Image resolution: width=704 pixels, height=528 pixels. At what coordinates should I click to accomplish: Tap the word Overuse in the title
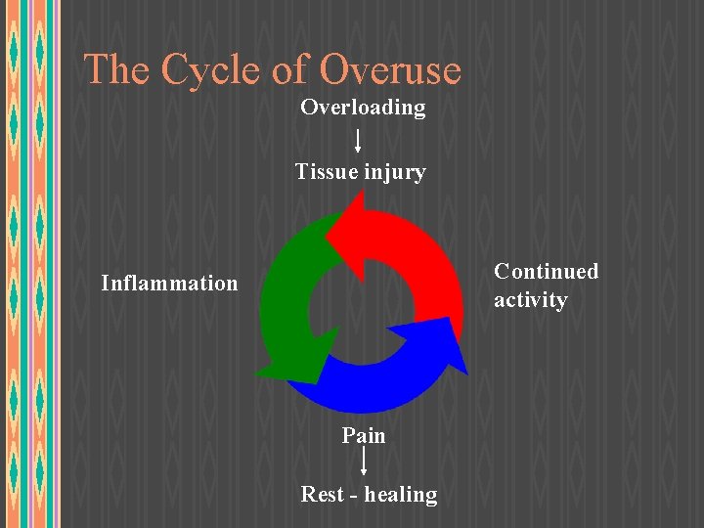389,70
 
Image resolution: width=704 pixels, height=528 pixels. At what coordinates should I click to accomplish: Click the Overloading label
363,108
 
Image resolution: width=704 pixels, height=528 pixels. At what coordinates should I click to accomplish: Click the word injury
394,174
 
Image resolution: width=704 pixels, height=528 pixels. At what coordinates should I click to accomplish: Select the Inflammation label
169,284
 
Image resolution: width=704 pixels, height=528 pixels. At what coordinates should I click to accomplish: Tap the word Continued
546,271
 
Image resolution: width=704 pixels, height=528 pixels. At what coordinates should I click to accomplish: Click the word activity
530,300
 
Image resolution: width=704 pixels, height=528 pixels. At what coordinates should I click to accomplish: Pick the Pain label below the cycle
364,435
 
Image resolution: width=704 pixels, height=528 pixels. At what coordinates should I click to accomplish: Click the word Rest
322,495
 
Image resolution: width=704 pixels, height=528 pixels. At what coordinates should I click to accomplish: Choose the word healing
402,495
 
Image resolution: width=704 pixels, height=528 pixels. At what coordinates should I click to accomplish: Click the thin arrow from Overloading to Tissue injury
358,140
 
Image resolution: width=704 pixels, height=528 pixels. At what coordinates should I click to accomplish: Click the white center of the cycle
362,311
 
